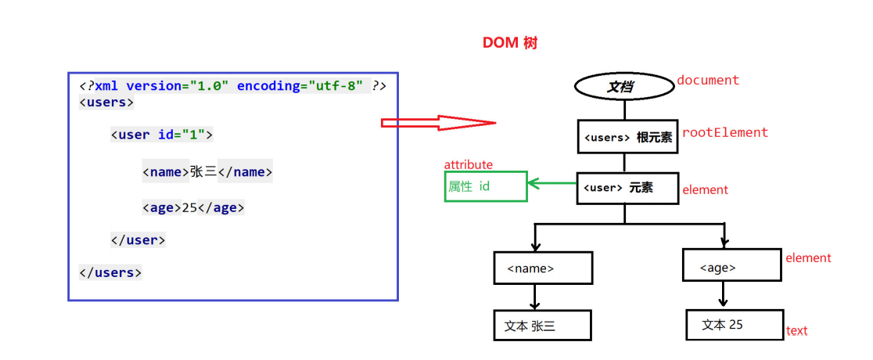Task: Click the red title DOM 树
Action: [509, 44]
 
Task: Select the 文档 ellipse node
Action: [624, 87]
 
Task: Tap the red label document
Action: [708, 81]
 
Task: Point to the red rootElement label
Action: [725, 132]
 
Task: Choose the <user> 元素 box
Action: [627, 187]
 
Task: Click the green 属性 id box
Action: [486, 186]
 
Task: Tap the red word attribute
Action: [469, 165]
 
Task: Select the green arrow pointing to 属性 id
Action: [552, 183]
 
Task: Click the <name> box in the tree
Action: [543, 268]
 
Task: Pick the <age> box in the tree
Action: [731, 265]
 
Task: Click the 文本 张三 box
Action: [542, 326]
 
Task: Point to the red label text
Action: [796, 331]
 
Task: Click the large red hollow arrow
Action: [438, 123]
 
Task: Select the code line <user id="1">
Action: [161, 135]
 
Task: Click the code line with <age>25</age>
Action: [193, 208]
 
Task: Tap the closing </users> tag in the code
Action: [110, 272]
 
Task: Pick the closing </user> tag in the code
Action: [138, 240]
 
